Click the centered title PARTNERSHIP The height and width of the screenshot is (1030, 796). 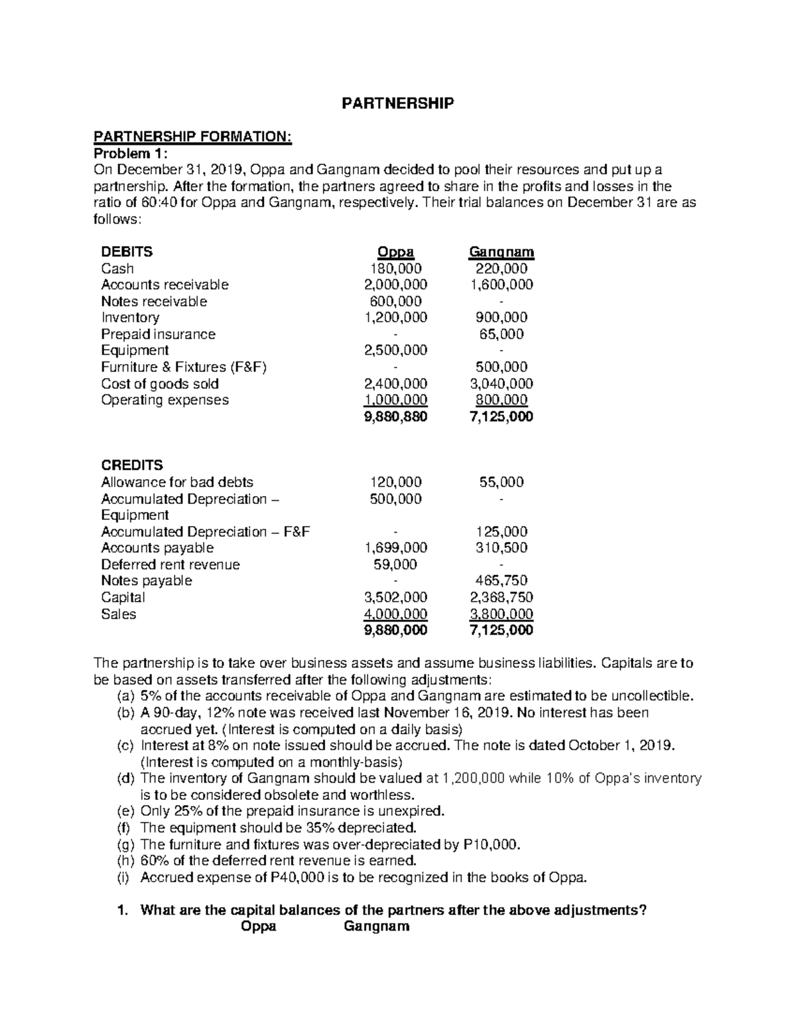coord(397,103)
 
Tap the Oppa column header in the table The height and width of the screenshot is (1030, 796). coord(395,252)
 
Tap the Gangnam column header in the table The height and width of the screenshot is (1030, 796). coord(501,252)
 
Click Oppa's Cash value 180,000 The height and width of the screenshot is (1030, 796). coord(395,269)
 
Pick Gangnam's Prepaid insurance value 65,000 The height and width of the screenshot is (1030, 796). coord(501,334)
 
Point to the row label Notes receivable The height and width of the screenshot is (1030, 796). coord(154,302)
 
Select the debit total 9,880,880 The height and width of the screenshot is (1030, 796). coord(395,417)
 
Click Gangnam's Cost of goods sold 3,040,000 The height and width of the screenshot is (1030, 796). coord(501,384)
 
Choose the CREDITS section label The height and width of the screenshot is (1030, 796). coord(131,466)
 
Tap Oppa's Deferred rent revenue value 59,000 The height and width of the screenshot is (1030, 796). coord(395,564)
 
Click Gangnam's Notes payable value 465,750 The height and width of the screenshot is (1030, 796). coord(501,581)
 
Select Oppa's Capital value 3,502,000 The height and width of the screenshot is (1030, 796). coord(395,598)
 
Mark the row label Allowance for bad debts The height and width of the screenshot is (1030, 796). coord(177,482)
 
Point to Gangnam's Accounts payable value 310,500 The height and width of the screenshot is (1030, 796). coord(501,548)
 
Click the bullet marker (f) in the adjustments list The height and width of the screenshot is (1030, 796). coord(123,828)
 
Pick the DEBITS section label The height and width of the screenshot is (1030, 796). coord(126,252)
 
